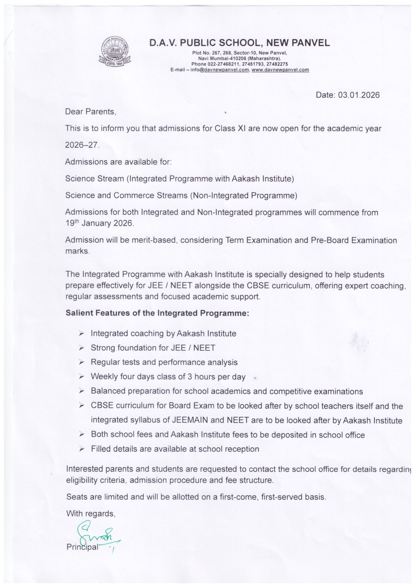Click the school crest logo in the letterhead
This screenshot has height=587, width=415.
click(x=115, y=51)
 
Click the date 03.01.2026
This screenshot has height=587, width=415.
click(x=359, y=95)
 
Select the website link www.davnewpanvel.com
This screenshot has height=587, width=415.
click(x=280, y=70)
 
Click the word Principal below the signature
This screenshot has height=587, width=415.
click(x=82, y=547)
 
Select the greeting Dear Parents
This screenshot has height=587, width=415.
click(x=90, y=112)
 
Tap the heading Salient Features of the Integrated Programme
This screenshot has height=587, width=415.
click(x=157, y=313)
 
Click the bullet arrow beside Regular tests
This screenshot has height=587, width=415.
click(x=82, y=362)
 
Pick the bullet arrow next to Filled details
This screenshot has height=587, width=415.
click(x=82, y=449)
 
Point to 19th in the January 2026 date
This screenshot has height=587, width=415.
click(x=73, y=223)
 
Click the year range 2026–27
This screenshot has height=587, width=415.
click(x=82, y=145)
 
